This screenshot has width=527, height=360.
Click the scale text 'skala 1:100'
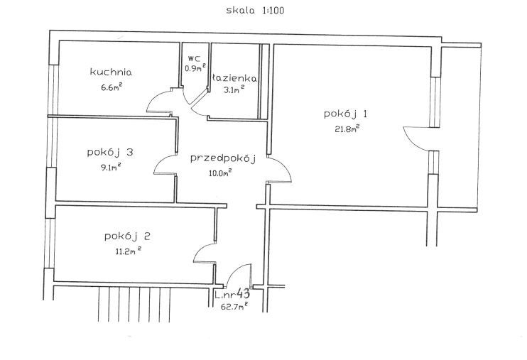coord(255,11)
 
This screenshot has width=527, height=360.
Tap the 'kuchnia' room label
coord(111,72)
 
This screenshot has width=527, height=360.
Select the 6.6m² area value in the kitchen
coord(112,87)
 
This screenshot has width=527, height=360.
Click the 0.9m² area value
coord(195,67)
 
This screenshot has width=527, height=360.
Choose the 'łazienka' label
coord(234,78)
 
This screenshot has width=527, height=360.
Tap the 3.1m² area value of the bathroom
coord(234,89)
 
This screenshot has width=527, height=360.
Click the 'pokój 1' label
coord(345,114)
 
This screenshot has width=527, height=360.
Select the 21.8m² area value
coord(347,129)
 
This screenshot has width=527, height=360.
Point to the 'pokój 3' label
coord(110,153)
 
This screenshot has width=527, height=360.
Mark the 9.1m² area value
coord(111,167)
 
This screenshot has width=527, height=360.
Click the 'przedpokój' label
coord(223,158)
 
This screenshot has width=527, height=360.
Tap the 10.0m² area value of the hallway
coord(219,173)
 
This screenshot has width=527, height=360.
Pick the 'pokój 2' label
coord(127,236)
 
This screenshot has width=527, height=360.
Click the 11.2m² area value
coord(128,251)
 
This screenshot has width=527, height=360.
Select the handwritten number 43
coord(243,294)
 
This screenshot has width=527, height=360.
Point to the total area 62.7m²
coord(234,306)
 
